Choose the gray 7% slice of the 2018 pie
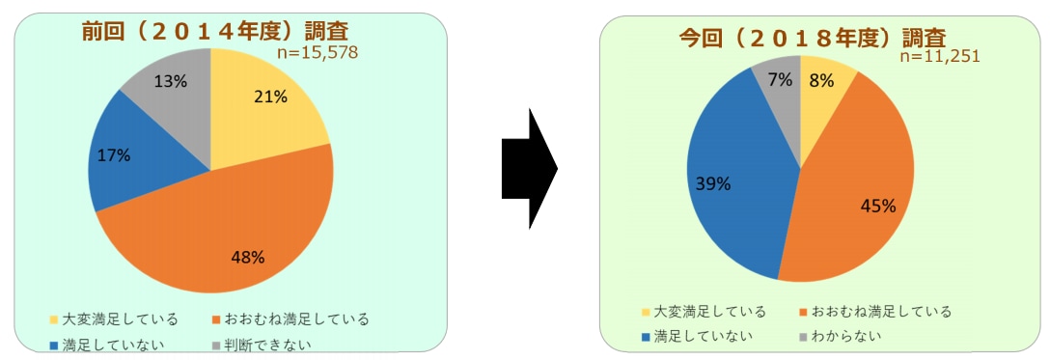[x=782, y=87]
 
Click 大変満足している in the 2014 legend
[x=106, y=318]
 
